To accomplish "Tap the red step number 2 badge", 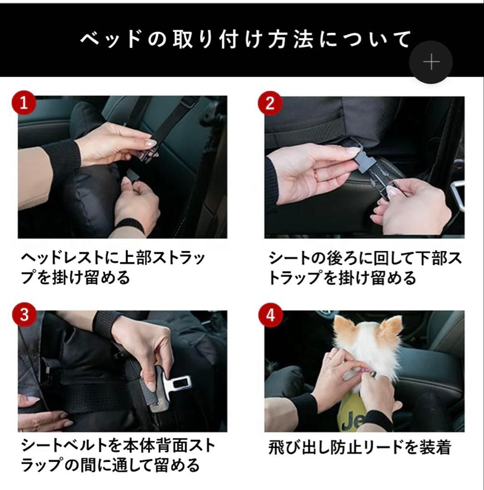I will click(270, 103).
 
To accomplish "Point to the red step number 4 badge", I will click(270, 315).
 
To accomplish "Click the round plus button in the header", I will click(430, 62).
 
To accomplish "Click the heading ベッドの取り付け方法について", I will click(245, 40).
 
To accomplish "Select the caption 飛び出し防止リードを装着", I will click(360, 448).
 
